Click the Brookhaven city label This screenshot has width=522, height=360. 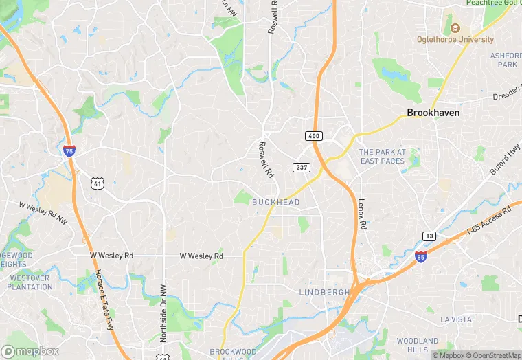[x=433, y=113]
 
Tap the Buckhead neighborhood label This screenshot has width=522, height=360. [x=275, y=202]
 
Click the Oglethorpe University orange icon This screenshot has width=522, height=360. [x=455, y=27]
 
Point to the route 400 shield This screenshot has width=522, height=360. [x=314, y=136]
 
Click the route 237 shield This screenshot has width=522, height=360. [x=302, y=168]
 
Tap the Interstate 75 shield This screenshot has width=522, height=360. [x=69, y=150]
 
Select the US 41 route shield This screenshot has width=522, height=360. [x=98, y=183]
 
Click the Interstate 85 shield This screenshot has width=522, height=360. [x=420, y=256]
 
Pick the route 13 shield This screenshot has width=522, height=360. [x=429, y=236]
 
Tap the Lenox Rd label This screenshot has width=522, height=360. [x=362, y=214]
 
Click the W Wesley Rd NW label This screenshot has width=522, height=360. [x=43, y=214]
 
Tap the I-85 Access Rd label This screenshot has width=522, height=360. [x=490, y=219]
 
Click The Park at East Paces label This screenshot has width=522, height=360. [x=383, y=157]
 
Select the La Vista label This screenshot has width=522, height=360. [x=457, y=319]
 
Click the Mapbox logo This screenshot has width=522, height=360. [x=30, y=351]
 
